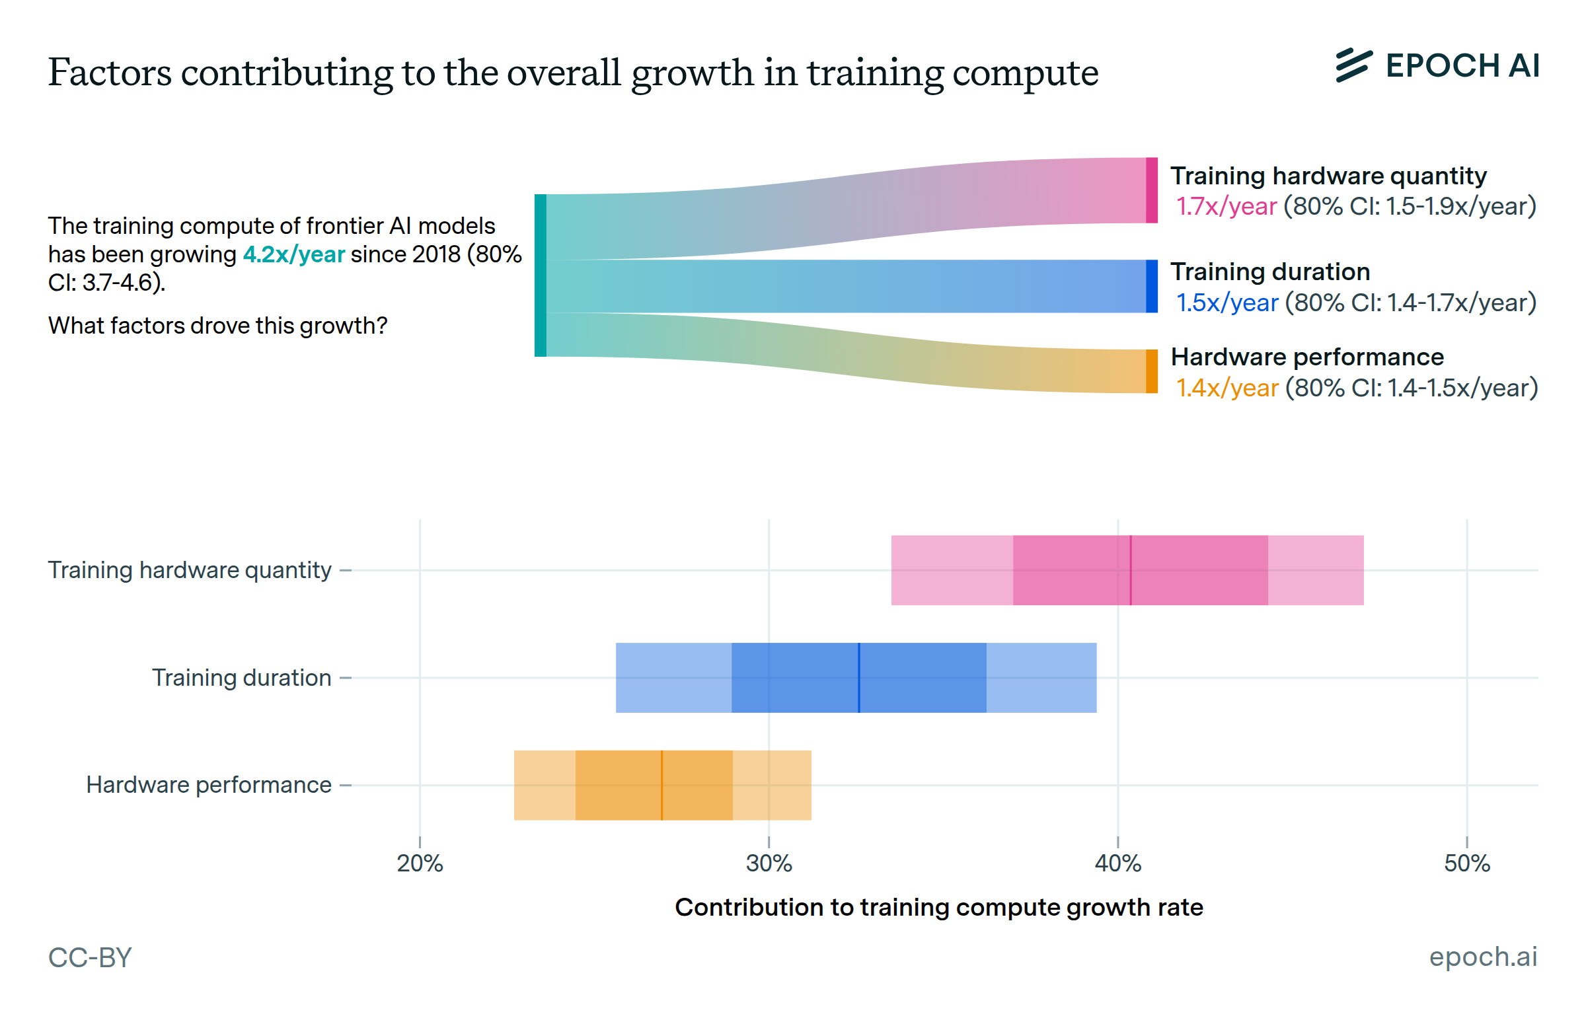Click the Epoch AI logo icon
1353,65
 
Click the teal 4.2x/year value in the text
294,254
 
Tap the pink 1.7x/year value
1226,207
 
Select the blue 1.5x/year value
1227,303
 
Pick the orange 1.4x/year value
1227,388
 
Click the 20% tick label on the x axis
420,863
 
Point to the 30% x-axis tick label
769,863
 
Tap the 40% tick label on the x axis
1117,863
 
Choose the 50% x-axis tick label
1466,863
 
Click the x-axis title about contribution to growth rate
939,907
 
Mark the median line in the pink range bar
1131,570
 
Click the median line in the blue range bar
859,678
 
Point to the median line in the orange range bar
661,786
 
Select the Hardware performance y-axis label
209,786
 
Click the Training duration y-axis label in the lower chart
241,678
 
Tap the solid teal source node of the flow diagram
541,275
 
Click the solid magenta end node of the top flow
1152,190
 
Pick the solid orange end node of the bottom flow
1152,371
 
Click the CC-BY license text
90,957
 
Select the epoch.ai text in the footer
1483,957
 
